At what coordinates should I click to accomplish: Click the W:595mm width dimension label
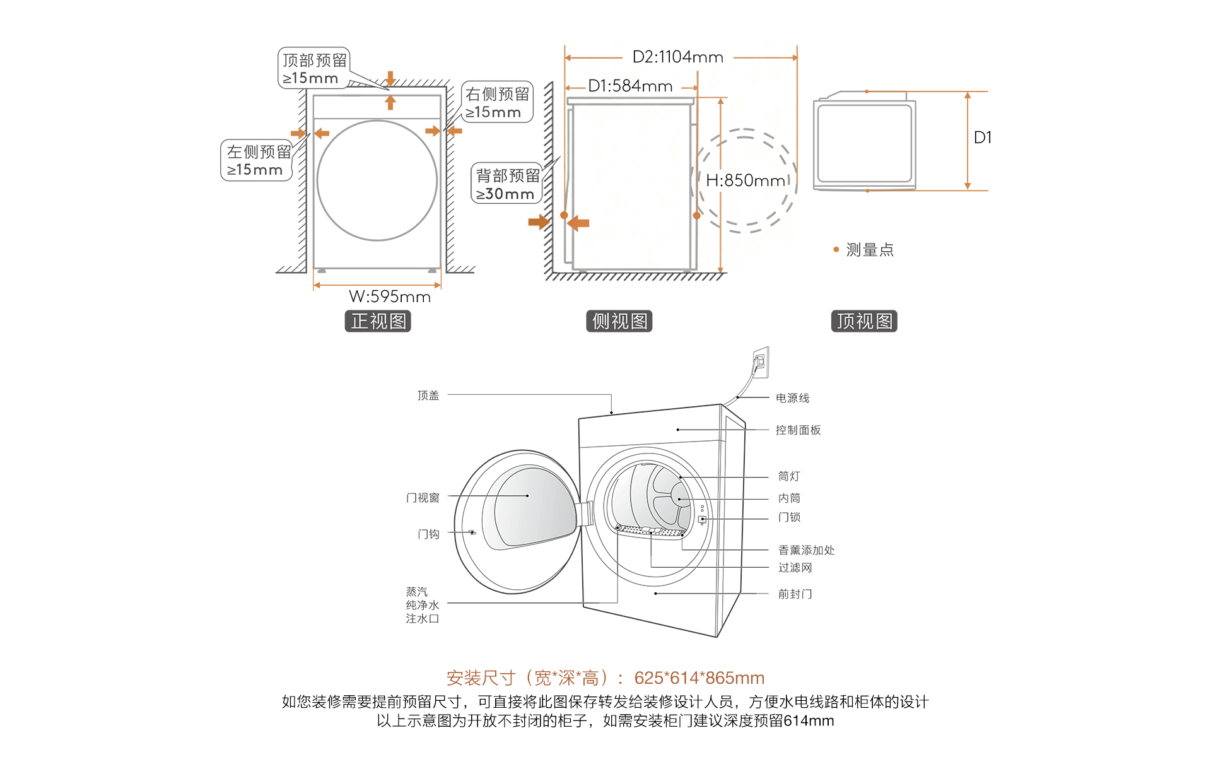coord(389,296)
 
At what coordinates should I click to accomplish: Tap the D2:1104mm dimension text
coord(677,57)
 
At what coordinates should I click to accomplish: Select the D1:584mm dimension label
coord(630,86)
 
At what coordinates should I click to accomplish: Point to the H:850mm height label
coord(745,181)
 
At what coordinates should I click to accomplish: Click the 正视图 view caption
coord(378,321)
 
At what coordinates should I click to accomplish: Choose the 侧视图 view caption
coord(619,321)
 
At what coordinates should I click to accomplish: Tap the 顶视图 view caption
coord(863,321)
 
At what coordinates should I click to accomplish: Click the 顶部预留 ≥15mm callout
coord(313,69)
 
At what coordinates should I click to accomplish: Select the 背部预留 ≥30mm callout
coord(506,184)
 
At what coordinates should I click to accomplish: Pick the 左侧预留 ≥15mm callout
coord(257,161)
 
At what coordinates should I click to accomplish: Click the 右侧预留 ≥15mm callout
coord(497,103)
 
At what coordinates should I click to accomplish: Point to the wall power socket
coord(760,362)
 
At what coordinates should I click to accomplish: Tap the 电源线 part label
coord(792,398)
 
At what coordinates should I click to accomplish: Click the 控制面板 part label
coord(798,430)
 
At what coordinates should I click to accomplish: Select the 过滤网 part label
coord(795,568)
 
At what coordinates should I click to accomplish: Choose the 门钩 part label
coord(428,534)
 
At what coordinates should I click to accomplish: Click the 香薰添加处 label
coord(806,550)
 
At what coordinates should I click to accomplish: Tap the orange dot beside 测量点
coord(836,250)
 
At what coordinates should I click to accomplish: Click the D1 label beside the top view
coord(982,138)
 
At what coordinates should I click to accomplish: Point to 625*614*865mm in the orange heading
coord(699,678)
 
